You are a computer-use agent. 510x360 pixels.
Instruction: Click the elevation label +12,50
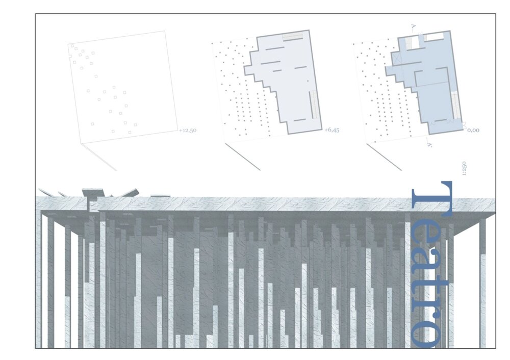point(188,131)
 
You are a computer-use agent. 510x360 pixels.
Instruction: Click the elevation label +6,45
point(332,130)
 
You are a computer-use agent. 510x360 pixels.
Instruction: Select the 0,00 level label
point(474,130)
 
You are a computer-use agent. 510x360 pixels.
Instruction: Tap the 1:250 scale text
point(464,168)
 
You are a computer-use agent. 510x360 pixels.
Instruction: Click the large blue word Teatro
point(432,264)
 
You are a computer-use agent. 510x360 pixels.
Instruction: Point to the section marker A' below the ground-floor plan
point(429,144)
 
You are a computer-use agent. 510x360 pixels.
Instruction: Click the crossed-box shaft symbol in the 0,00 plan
point(397,58)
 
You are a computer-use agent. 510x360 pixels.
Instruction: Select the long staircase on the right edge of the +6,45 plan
point(313,105)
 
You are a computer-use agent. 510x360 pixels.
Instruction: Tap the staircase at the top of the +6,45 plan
point(294,37)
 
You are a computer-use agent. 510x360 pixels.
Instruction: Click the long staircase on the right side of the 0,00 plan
point(455,105)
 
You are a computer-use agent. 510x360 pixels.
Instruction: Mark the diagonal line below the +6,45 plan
point(242,157)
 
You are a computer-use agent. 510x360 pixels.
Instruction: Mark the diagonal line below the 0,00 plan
point(384,157)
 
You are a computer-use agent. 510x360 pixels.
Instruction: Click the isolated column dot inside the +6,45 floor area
point(308,81)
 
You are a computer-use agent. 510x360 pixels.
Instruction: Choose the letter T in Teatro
point(432,199)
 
